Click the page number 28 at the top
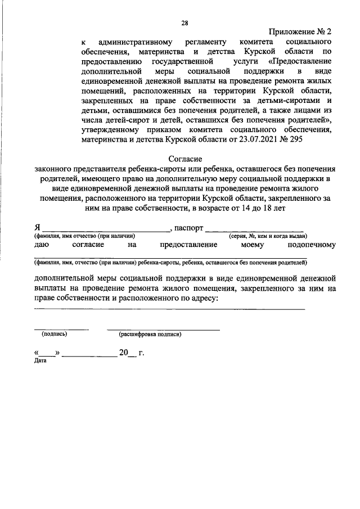pos(184,23)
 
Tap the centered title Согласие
pos(185,159)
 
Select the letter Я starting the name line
pos(37,228)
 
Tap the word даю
pos(42,245)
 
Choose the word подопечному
pos(311,245)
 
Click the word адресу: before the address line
pos(200,299)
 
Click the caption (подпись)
pos(55,334)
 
